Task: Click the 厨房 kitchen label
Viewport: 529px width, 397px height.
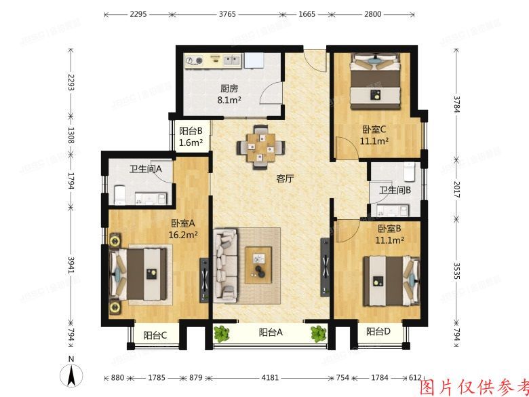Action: [229, 88]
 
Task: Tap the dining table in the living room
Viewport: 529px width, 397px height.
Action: [260, 145]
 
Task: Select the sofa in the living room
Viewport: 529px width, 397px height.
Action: [227, 263]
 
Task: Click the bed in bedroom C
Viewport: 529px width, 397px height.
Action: [375, 83]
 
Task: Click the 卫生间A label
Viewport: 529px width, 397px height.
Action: [146, 170]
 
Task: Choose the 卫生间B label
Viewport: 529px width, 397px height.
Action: [395, 191]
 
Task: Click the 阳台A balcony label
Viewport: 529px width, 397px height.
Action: [271, 333]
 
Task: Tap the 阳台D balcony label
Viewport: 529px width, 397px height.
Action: [378, 332]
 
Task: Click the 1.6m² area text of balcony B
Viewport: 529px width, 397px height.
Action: [191, 143]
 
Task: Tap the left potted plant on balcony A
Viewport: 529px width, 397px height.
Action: [221, 333]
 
